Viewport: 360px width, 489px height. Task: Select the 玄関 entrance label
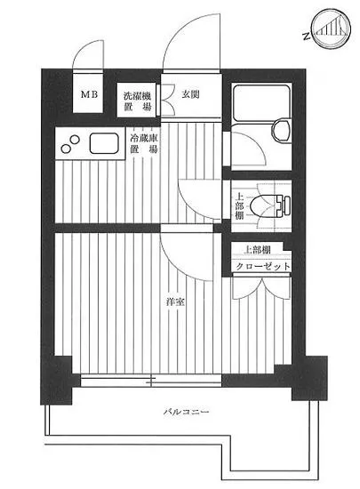pos(189,93)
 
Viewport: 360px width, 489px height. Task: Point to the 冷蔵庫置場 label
pos(144,144)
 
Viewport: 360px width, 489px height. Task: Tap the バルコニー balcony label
pos(187,413)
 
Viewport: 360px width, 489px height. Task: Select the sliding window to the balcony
pos(152,380)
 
